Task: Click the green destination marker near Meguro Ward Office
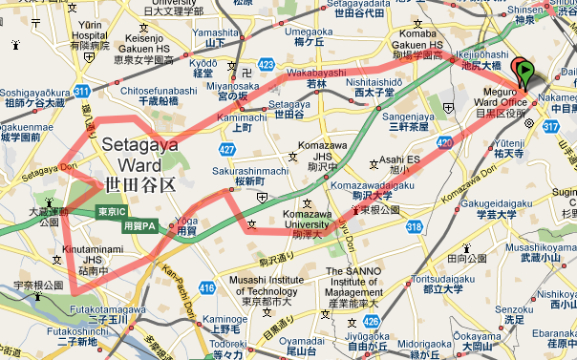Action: tap(523, 70)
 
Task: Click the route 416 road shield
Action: tap(207, 287)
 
